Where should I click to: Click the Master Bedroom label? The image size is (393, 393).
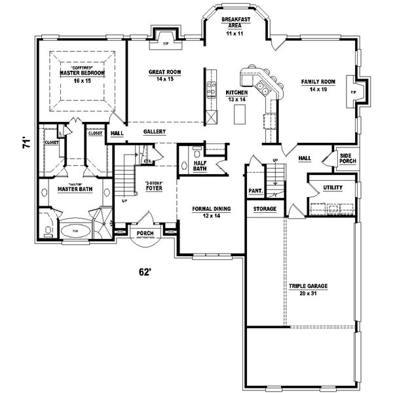[81, 74]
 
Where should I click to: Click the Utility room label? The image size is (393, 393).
[332, 188]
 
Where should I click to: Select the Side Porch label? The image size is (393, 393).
[345, 159]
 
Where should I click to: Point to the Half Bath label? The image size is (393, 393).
[200, 165]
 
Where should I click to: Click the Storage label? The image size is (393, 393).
[265, 209]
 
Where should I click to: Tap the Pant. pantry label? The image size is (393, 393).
[255, 191]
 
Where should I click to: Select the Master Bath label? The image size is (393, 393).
[74, 189]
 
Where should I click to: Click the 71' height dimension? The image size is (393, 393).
[26, 143]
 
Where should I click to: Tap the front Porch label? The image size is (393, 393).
[145, 233]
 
